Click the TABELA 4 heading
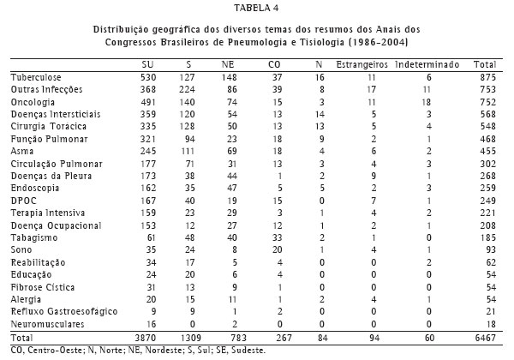tap(257, 9)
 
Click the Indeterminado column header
tap(429, 64)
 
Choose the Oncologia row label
tap(32, 101)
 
